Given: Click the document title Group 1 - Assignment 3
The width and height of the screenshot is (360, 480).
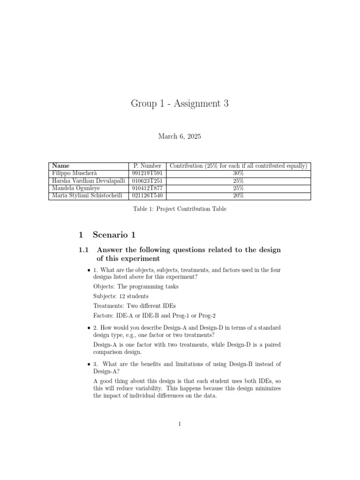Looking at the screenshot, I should click(x=180, y=104).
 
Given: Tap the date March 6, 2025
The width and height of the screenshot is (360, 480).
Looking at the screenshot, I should click(x=180, y=136).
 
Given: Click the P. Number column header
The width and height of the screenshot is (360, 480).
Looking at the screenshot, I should click(x=147, y=166).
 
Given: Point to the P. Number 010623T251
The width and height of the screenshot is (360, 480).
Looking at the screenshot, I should click(x=147, y=181).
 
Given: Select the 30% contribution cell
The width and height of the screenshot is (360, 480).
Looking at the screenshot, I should click(x=238, y=173).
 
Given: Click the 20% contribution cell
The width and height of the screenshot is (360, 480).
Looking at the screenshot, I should click(x=238, y=196).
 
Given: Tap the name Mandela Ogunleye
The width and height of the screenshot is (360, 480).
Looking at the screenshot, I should click(x=76, y=188).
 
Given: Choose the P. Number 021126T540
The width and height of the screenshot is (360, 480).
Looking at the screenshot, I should click(x=147, y=196).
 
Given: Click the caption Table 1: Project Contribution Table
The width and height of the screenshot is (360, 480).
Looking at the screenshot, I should click(x=180, y=209).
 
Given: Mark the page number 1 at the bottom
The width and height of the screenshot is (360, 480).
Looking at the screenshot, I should click(x=180, y=424).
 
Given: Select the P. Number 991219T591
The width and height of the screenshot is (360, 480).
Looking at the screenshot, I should click(x=147, y=173).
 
